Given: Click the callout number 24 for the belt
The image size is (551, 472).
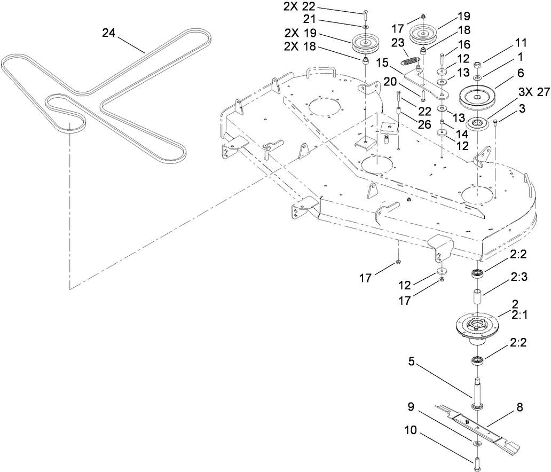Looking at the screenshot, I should coord(109,33).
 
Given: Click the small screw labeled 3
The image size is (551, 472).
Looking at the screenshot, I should coord(496,123).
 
